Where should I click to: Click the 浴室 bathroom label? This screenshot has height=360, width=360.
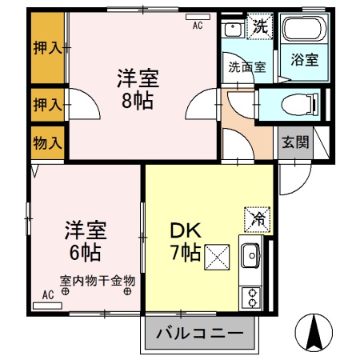click(304, 59)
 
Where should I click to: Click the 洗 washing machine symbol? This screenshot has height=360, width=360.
click(261, 26)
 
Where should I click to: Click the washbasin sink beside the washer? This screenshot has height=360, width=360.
click(234, 30)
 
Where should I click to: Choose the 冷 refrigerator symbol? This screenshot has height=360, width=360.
click(258, 217)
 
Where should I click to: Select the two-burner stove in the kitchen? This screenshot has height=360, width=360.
click(251, 298)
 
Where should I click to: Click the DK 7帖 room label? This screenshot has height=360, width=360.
click(186, 242)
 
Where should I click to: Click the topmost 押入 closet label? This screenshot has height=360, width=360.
click(47, 48)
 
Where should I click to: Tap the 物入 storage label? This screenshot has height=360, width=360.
click(47, 143)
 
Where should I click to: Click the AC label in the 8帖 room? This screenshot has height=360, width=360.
click(198, 26)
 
